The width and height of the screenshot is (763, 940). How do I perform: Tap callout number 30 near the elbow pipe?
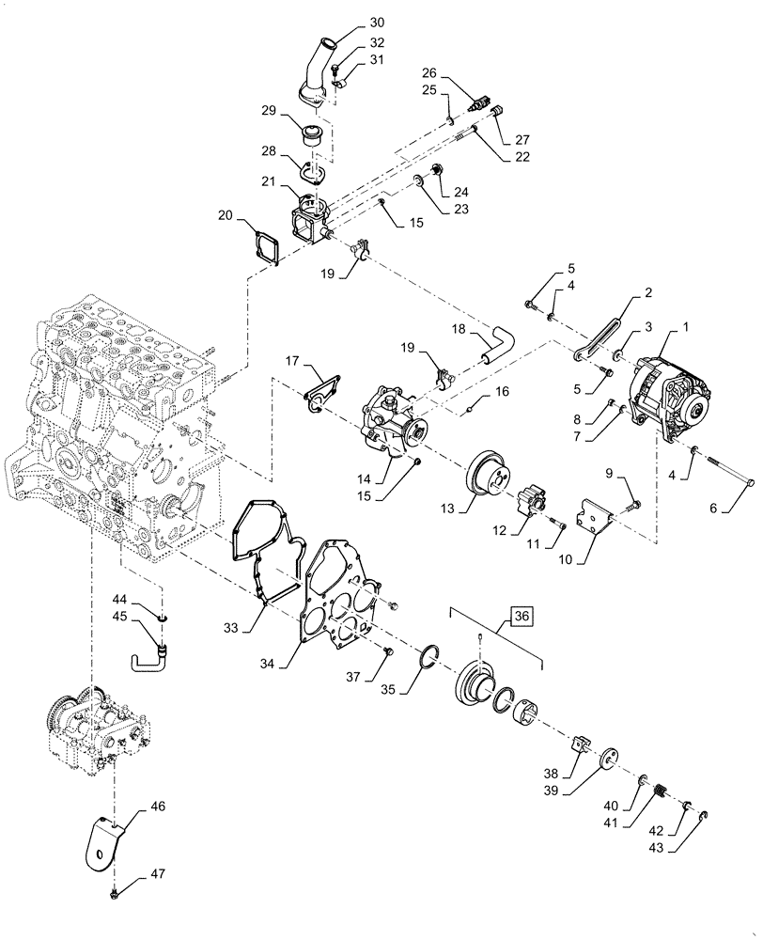tap(350, 22)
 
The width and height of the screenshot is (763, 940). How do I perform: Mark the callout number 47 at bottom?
tap(157, 875)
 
